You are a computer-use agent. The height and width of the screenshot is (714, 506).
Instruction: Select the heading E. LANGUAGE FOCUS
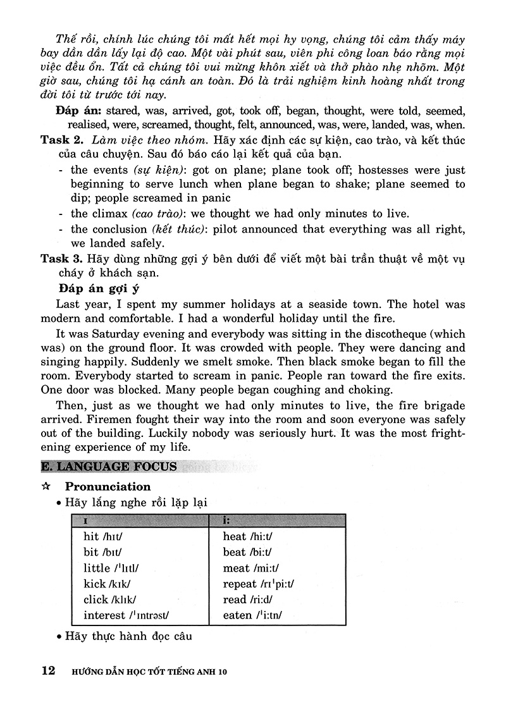point(109,467)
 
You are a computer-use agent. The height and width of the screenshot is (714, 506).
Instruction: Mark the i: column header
point(226,520)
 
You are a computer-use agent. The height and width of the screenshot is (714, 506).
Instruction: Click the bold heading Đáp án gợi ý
point(97,289)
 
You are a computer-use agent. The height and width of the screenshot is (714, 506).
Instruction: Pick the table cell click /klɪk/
point(109,600)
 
